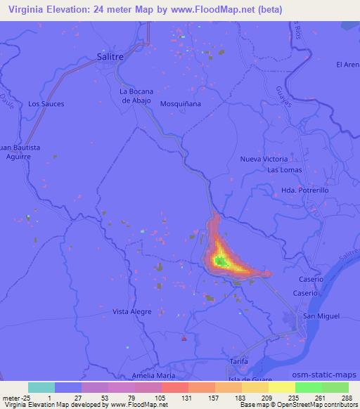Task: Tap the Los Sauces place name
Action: click(46, 104)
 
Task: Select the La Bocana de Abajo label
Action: click(136, 95)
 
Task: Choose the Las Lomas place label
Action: click(284, 171)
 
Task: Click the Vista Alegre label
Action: click(131, 311)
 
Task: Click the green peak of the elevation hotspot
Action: click(220, 261)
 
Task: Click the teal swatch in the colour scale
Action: click(41, 387)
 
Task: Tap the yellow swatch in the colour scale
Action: click(281, 387)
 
